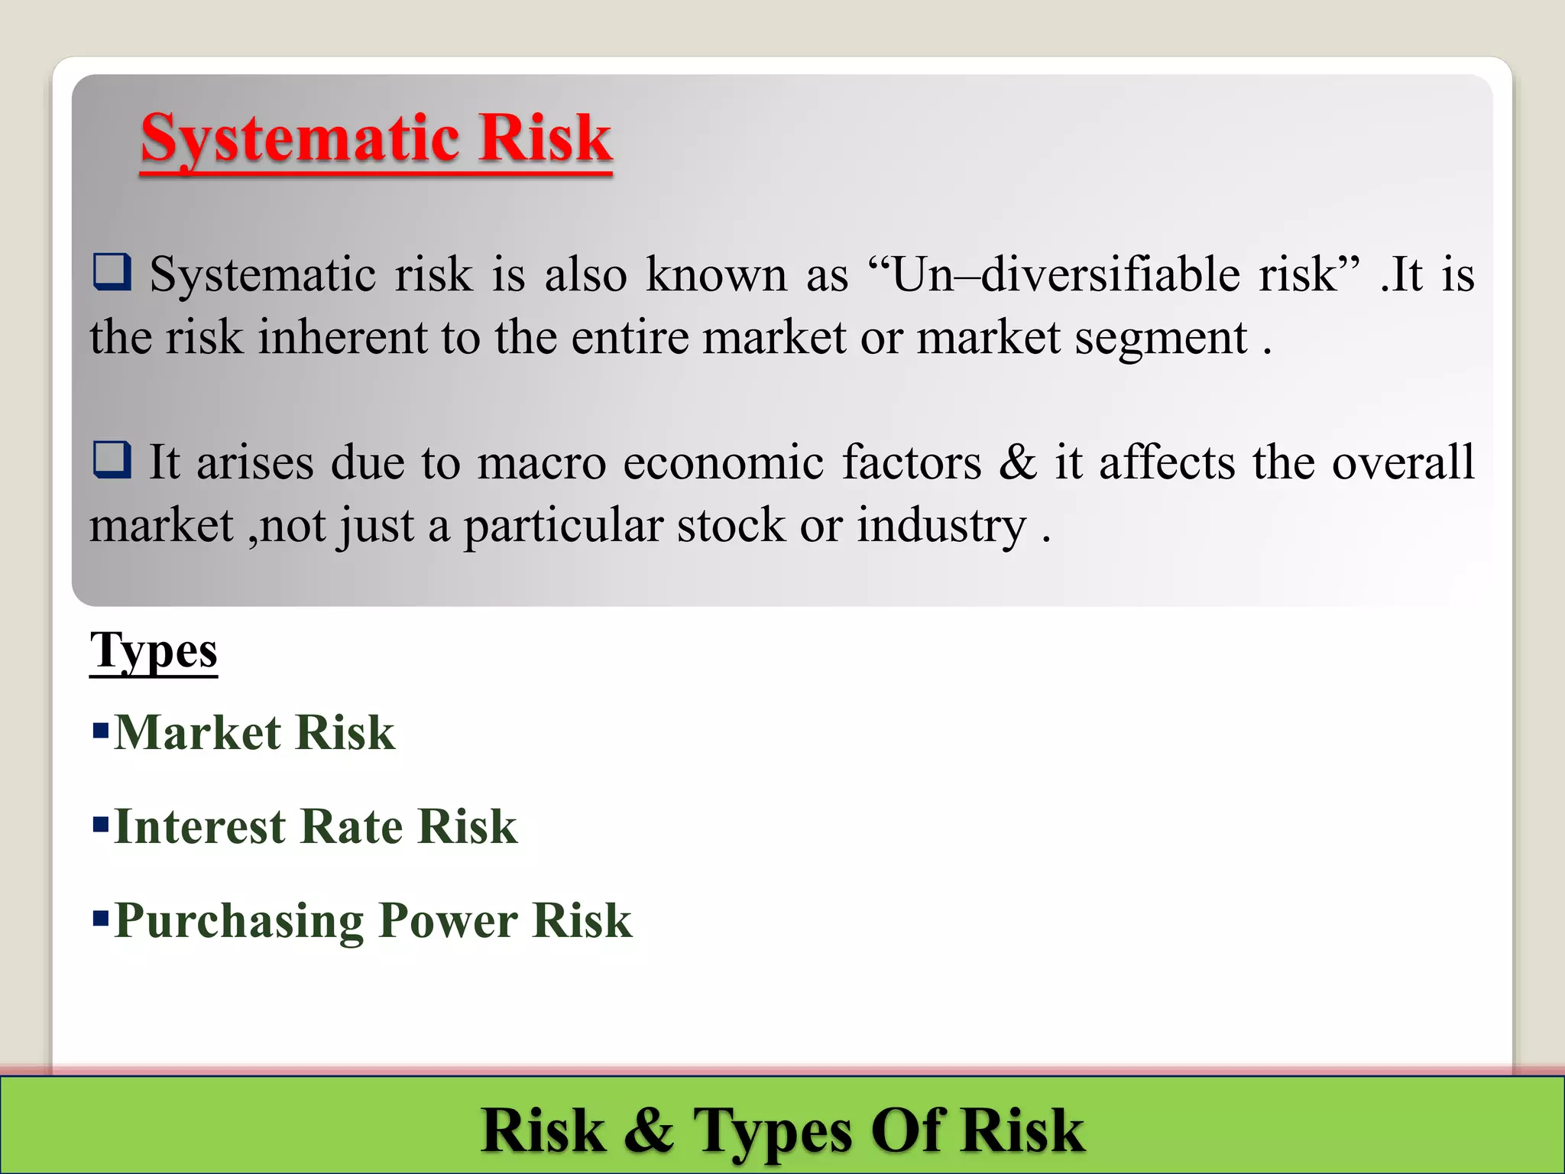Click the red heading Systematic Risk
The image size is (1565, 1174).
tap(376, 139)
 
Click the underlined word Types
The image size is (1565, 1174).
tap(154, 651)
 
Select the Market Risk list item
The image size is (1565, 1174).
tap(254, 733)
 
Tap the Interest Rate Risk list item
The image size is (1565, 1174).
tap(315, 827)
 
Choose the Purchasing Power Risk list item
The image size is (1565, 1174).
tap(373, 920)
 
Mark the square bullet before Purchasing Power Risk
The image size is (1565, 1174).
tap(100, 917)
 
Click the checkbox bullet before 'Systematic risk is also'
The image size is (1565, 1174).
tap(112, 273)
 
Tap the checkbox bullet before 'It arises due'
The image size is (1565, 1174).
tap(112, 460)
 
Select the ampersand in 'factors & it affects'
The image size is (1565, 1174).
tap(1017, 462)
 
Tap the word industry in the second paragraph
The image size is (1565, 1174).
tap(941, 527)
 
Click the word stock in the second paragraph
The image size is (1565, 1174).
tap(731, 526)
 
